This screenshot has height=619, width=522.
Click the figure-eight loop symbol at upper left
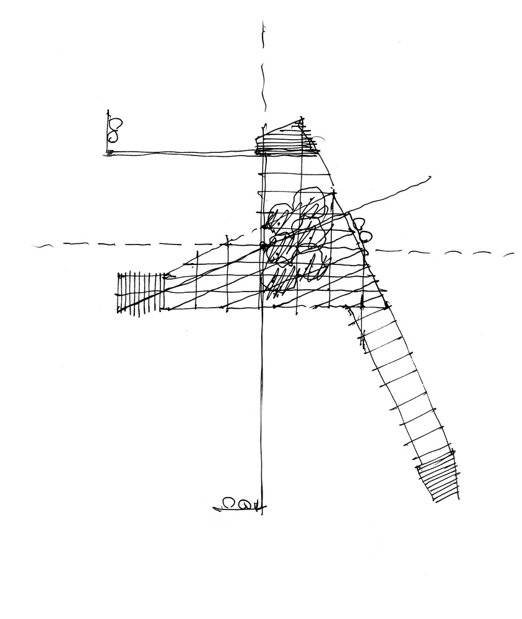click(115, 130)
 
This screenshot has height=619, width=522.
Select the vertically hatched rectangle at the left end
click(138, 292)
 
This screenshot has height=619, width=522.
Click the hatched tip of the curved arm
click(438, 475)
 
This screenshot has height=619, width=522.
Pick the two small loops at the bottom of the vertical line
click(237, 504)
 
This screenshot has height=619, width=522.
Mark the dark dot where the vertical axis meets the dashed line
click(263, 246)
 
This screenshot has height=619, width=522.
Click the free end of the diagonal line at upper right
click(429, 178)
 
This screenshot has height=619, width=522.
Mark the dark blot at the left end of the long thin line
click(110, 152)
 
